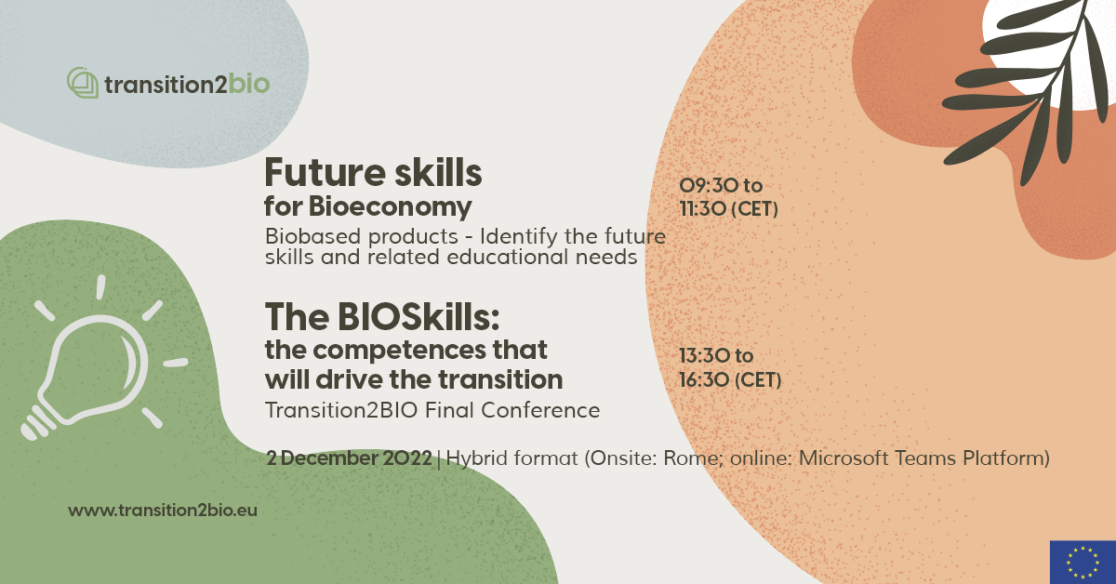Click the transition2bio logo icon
click(83, 84)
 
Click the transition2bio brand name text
click(187, 85)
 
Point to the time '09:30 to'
click(722, 187)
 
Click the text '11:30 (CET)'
click(729, 209)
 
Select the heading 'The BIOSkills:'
click(382, 318)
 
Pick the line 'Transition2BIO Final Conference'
click(432, 410)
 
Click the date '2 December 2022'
click(349, 458)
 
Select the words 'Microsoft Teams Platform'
click(924, 458)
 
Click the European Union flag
click(1082, 562)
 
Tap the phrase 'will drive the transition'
click(413, 379)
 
